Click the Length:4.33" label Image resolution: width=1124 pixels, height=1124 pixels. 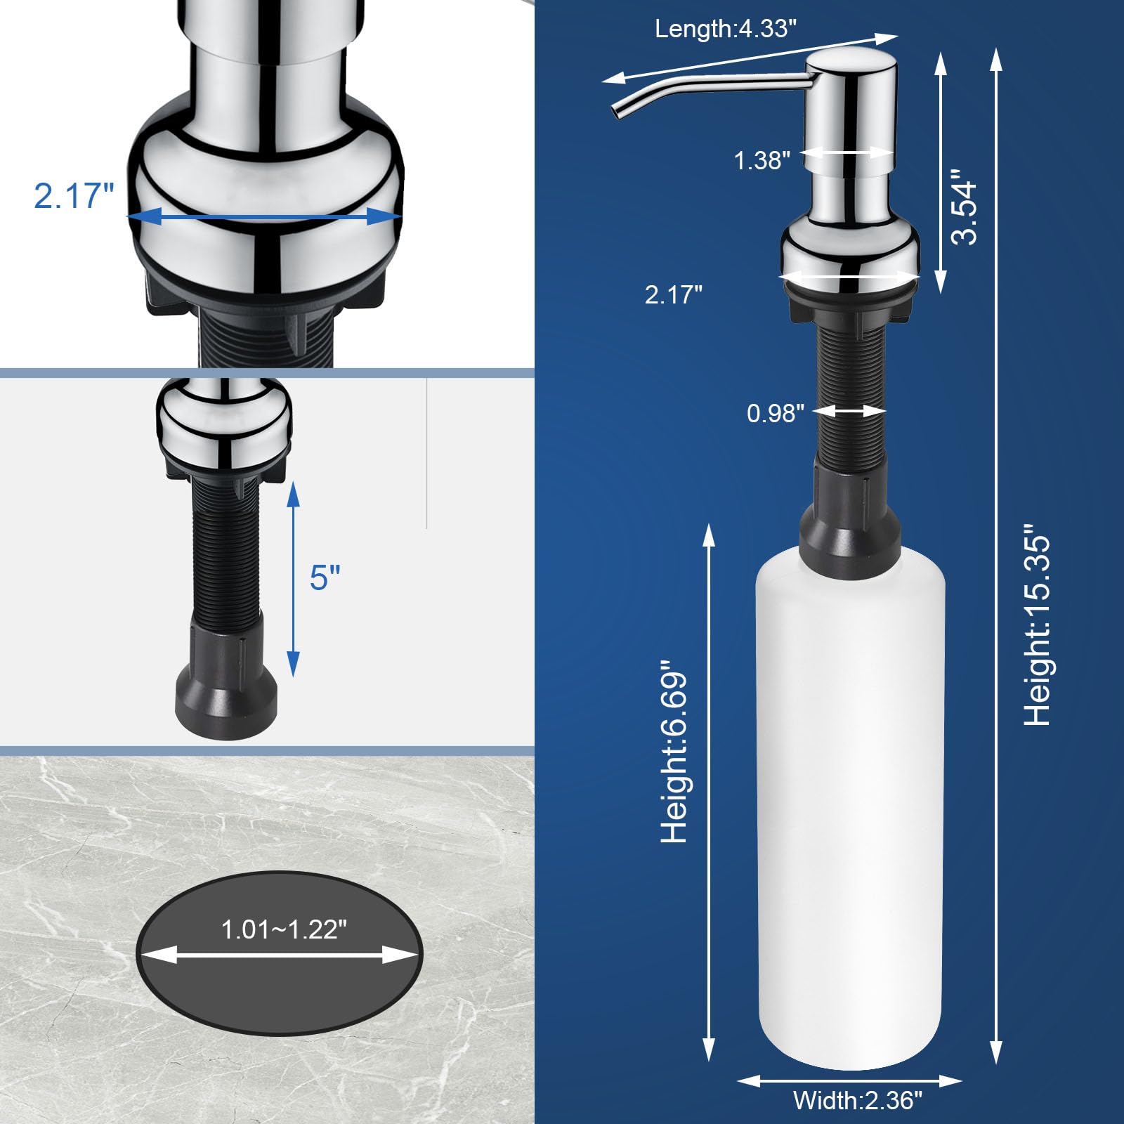coord(726,29)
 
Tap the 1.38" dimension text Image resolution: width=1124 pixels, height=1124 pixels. coord(762,161)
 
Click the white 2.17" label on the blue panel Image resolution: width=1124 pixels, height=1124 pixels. coord(673,294)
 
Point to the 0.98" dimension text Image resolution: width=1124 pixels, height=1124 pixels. coord(775,413)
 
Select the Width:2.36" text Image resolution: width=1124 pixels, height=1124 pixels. coord(857,1100)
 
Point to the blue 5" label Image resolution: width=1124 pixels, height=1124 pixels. coord(325,577)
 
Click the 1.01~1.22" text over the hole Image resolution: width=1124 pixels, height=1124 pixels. coord(284,930)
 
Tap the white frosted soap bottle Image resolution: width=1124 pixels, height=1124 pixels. coord(850,808)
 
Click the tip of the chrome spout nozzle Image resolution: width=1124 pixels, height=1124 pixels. coord(617,113)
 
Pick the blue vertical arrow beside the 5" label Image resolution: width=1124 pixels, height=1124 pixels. coord(294,580)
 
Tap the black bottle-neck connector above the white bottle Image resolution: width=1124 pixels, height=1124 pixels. coord(850,520)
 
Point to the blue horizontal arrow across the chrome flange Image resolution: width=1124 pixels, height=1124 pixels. coord(263,217)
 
